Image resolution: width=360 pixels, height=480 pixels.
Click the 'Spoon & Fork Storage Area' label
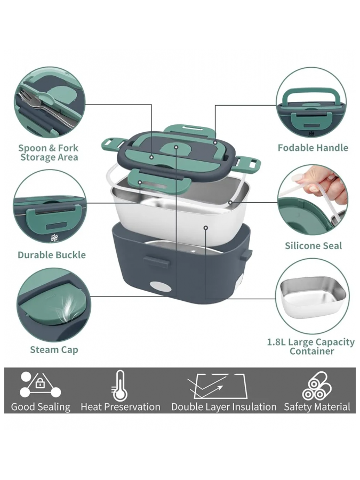click(49, 153)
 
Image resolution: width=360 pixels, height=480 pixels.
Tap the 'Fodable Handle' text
click(313, 148)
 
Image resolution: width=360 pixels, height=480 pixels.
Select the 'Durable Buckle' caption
click(52, 255)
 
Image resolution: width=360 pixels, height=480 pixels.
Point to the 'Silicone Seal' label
click(314, 245)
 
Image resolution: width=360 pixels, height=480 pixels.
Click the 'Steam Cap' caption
click(54, 349)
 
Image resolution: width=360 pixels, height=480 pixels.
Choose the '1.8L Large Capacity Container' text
click(311, 346)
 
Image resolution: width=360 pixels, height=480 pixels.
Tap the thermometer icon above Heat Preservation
click(119, 386)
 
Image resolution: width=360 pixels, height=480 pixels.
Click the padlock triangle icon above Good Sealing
click(40, 384)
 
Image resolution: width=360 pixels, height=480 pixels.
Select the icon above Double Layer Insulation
click(218, 386)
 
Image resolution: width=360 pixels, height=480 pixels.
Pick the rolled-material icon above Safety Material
click(317, 386)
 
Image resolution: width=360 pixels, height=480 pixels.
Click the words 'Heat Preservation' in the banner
click(121, 407)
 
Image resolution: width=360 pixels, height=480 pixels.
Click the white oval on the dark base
click(161, 286)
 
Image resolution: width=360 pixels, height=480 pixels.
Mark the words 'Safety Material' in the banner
click(317, 407)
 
